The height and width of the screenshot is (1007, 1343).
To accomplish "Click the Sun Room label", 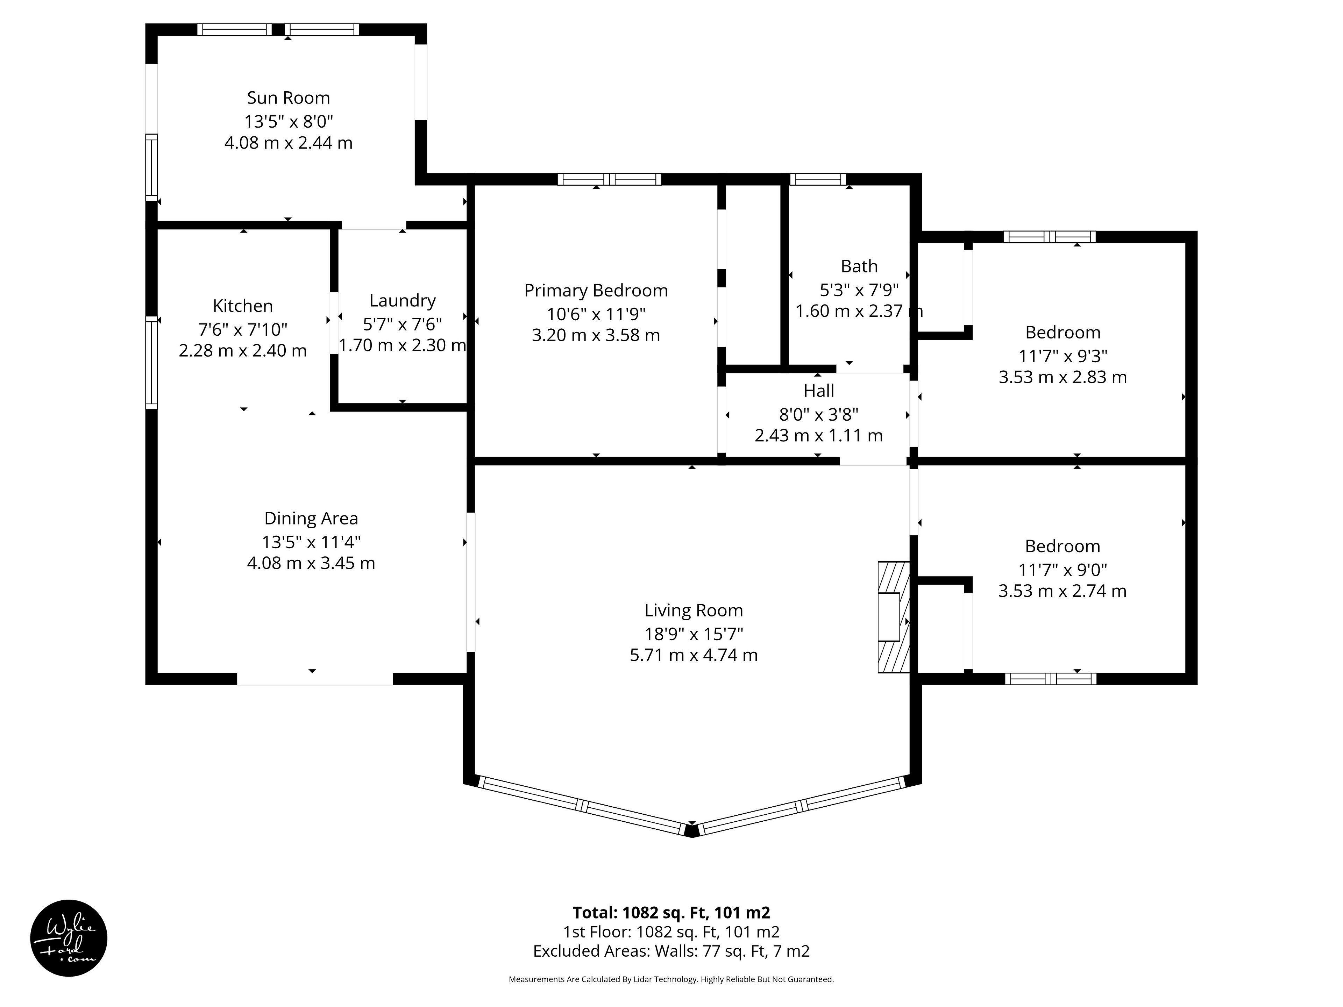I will (289, 98).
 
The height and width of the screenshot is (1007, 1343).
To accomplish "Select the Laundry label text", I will (403, 300).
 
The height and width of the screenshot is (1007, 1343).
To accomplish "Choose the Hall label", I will (818, 390).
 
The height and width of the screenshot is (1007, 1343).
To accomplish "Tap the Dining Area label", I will (311, 519).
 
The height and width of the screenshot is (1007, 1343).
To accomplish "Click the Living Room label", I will (693, 610).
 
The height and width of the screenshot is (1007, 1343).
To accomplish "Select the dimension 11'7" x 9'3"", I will (1063, 356).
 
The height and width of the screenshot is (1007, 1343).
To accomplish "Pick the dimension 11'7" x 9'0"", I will (1063, 569).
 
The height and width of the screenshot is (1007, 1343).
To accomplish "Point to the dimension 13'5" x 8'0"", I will (289, 121).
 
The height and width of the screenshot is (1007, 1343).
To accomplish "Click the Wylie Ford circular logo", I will (69, 938).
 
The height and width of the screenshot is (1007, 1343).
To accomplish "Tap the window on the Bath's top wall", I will (818, 179).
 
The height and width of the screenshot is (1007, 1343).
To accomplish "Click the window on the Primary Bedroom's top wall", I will (609, 179).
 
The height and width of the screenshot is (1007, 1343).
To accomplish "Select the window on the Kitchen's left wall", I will (151, 362).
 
